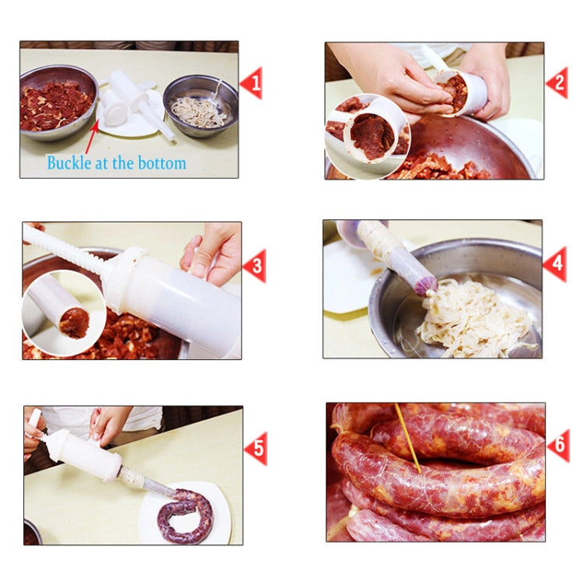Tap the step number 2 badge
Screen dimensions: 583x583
pyautogui.click(x=557, y=82)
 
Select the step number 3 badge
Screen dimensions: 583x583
pyautogui.click(x=255, y=266)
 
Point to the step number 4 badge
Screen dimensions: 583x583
pyautogui.click(x=555, y=264)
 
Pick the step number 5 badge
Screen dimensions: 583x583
pyautogui.click(x=256, y=449)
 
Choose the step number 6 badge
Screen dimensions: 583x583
pyautogui.click(x=558, y=445)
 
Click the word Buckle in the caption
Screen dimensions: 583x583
pyautogui.click(x=68, y=163)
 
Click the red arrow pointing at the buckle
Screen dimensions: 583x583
pyautogui.click(x=92, y=138)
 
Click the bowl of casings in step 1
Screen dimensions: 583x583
pyautogui.click(x=200, y=106)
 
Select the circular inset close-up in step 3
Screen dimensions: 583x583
pyautogui.click(x=64, y=313)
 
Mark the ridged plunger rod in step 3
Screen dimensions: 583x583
pyautogui.click(x=67, y=249)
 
